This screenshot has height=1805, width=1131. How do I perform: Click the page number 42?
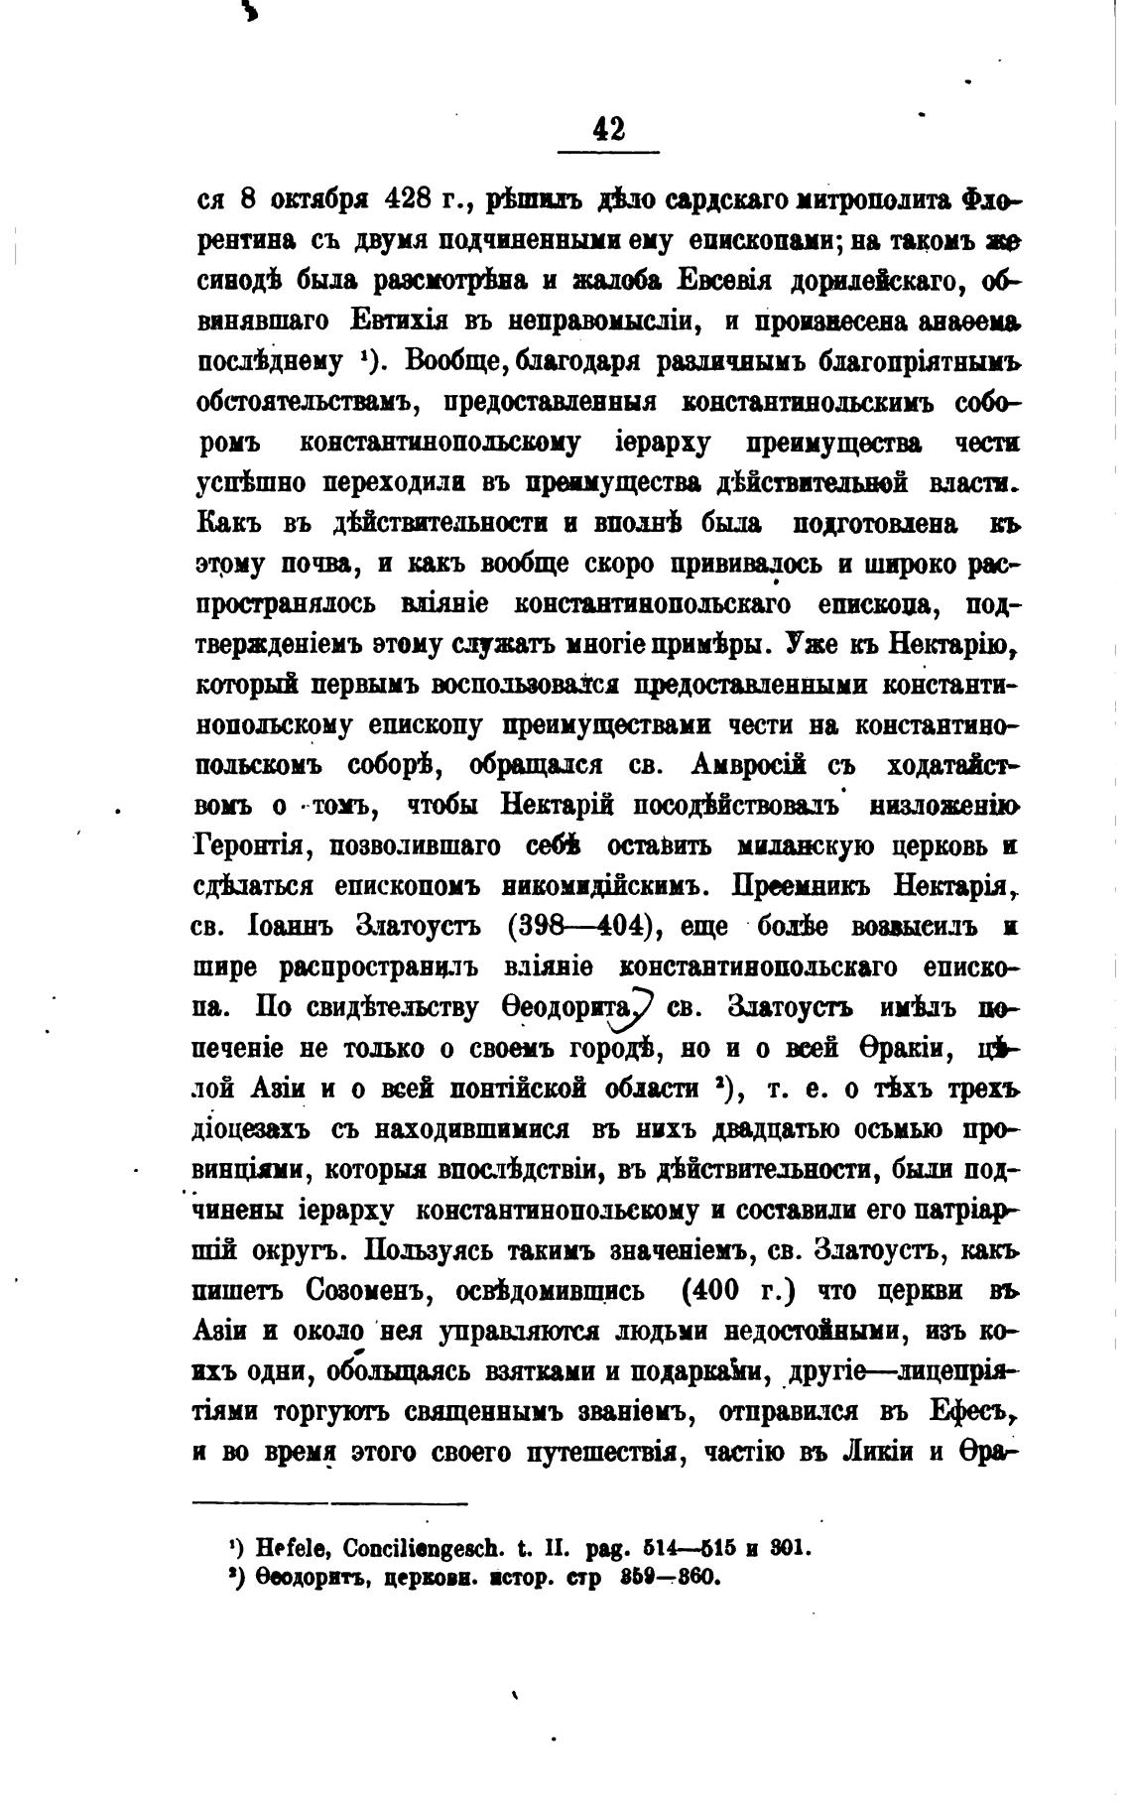coord(607,129)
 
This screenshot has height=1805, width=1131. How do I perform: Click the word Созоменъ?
coord(369,1291)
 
